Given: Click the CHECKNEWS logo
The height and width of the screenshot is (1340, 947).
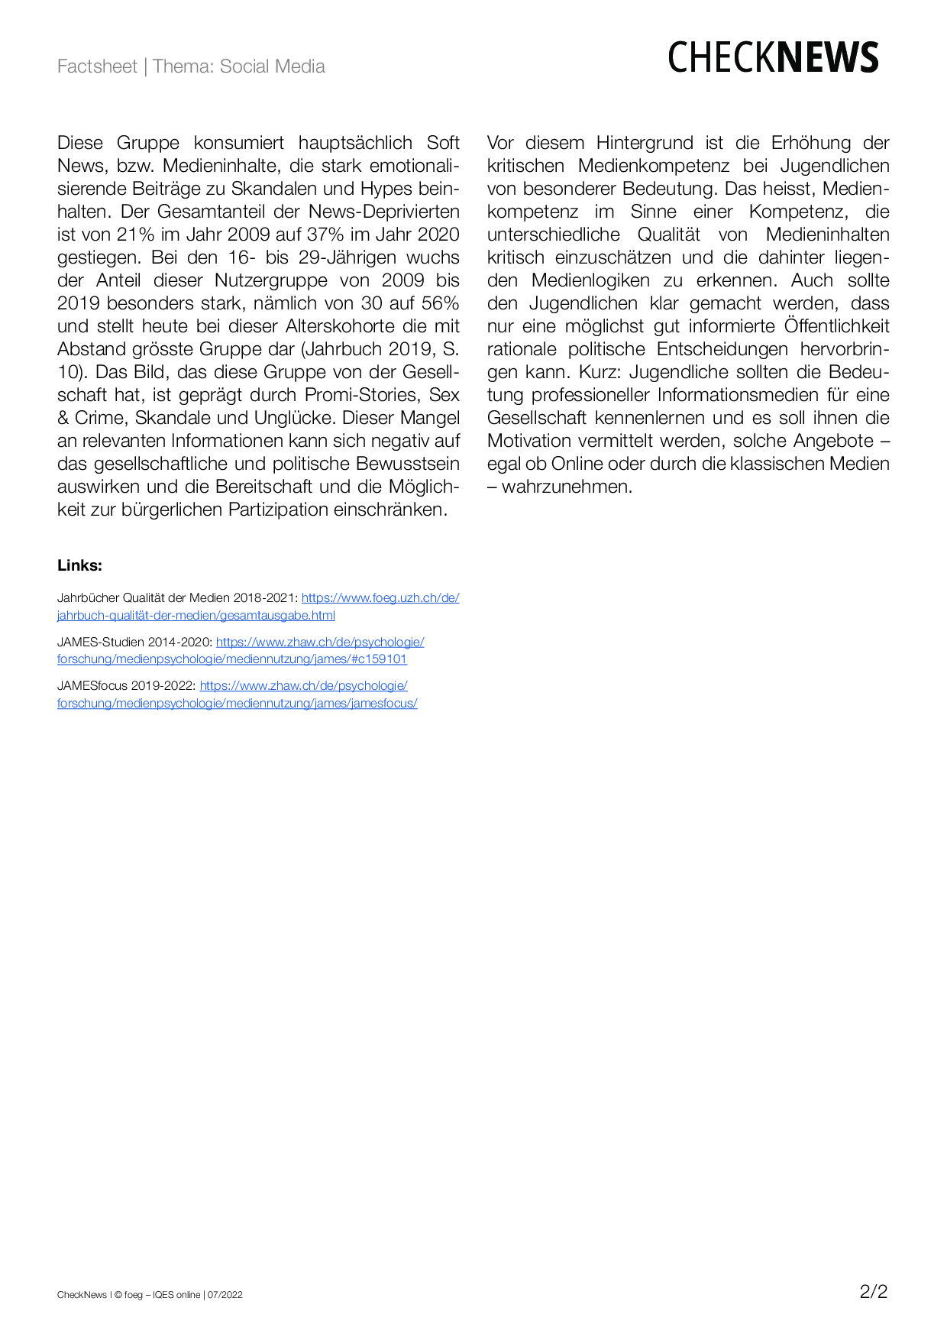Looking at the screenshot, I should click(x=773, y=58).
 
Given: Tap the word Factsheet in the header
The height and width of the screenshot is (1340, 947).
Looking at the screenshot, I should click(x=97, y=66).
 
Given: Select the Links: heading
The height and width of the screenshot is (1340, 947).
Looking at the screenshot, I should click(x=79, y=565).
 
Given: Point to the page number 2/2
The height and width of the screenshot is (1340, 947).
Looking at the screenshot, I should click(x=874, y=1292).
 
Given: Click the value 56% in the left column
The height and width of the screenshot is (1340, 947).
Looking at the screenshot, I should click(x=440, y=303).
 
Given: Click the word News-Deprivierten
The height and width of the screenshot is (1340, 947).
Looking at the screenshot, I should click(x=384, y=212).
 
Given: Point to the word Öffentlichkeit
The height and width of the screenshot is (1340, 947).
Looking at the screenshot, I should click(x=836, y=326).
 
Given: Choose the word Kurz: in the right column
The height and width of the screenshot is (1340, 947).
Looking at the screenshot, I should click(x=600, y=372).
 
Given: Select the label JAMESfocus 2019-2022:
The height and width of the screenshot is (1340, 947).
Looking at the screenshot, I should click(x=126, y=686).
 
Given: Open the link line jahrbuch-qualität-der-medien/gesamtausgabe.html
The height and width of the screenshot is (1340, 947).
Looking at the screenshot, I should click(x=196, y=615).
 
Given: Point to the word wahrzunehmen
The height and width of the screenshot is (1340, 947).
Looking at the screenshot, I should click(x=567, y=487).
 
